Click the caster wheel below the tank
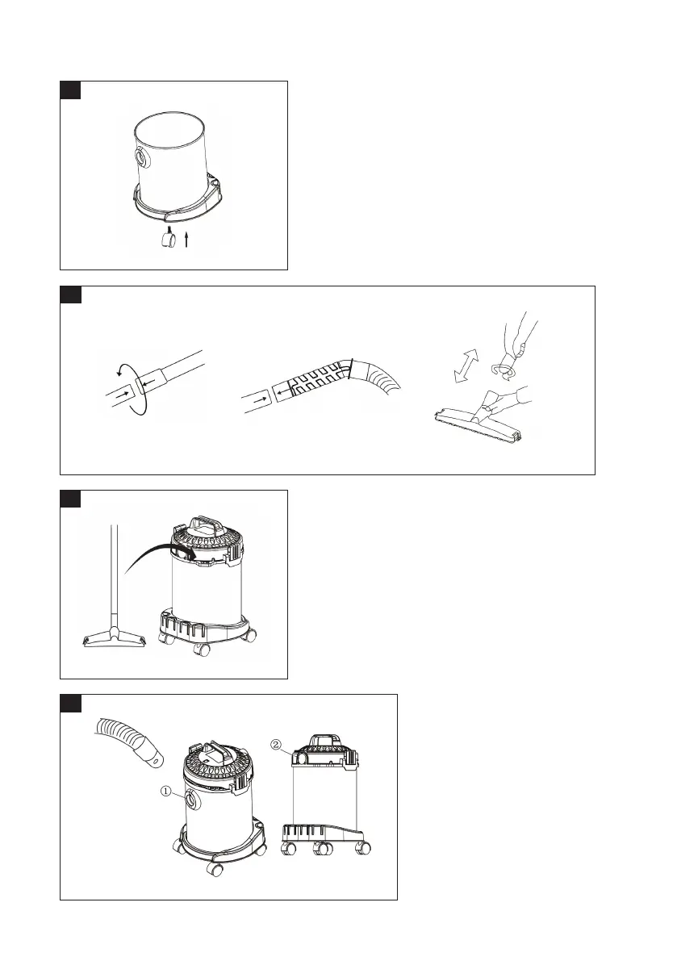coord(167,238)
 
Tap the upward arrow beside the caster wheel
coord(186,239)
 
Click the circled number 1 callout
coord(166,792)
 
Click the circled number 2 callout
coord(276,744)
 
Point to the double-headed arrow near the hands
coord(466,366)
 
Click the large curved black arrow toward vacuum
coord(160,554)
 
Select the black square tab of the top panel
coord(70,90)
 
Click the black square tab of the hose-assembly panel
coord(70,295)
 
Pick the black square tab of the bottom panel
coord(70,703)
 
